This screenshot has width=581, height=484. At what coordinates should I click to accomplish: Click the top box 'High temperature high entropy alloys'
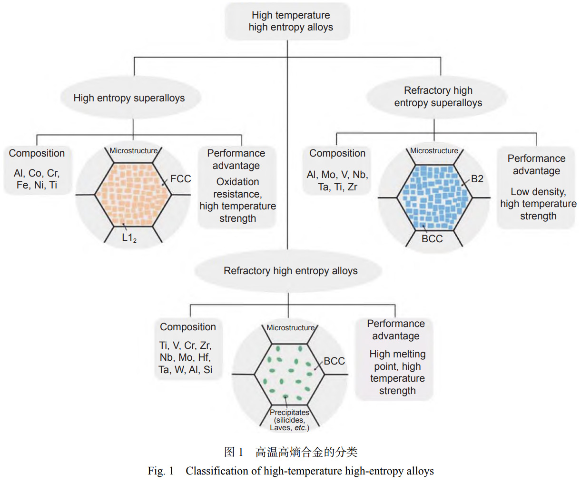pos(291,21)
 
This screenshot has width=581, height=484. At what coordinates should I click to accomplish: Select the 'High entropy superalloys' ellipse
pos(129,98)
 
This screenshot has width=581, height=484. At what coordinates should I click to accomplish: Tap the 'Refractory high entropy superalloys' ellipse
pos(438,97)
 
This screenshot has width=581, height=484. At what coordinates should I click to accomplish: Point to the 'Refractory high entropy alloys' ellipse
pos(290,271)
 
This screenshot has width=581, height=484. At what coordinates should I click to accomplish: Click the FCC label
pos(180,179)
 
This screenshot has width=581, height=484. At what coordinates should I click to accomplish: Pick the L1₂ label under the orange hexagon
pos(129,237)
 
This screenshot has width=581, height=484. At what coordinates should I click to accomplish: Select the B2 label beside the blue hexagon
pos(477,179)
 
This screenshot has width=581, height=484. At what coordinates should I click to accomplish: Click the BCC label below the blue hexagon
pos(432,239)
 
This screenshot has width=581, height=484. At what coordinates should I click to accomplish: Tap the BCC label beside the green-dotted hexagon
pos(334,361)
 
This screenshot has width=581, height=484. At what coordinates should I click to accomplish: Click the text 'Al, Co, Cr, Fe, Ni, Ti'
pos(37,179)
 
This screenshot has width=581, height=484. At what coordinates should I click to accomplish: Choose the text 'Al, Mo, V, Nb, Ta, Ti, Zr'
pos(337,181)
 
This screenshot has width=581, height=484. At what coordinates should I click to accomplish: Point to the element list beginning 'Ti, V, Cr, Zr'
pos(186,357)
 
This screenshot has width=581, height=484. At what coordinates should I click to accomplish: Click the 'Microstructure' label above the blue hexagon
pos(434,151)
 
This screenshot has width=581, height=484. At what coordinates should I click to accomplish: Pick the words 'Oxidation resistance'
pos(237,188)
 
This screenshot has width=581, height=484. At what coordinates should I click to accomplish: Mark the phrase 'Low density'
pos(538,192)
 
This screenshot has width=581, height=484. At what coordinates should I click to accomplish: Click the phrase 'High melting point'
pos(397,360)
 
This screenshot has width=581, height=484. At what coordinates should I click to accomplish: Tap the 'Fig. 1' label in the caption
pos(160,471)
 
